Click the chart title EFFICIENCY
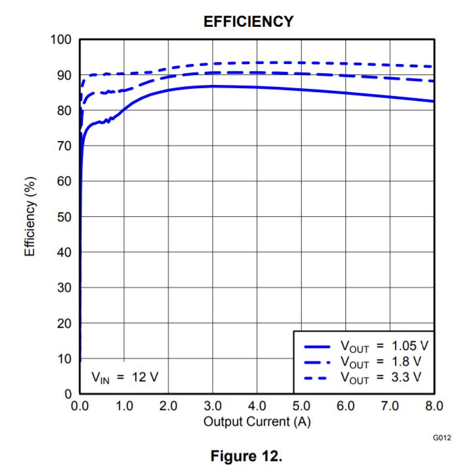(x=248, y=22)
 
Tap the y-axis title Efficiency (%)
(x=30, y=216)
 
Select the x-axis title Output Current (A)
(x=257, y=422)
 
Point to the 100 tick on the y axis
(x=61, y=39)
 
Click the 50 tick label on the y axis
(x=64, y=217)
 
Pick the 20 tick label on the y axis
(x=64, y=323)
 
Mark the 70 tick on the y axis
(x=64, y=146)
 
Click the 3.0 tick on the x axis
(x=213, y=406)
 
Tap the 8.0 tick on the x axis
(x=433, y=406)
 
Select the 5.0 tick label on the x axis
(x=301, y=406)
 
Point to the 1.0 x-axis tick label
(x=124, y=406)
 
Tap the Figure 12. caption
(x=245, y=456)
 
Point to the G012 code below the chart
(x=441, y=438)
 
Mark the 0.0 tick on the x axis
(x=80, y=406)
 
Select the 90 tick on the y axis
(x=64, y=75)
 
